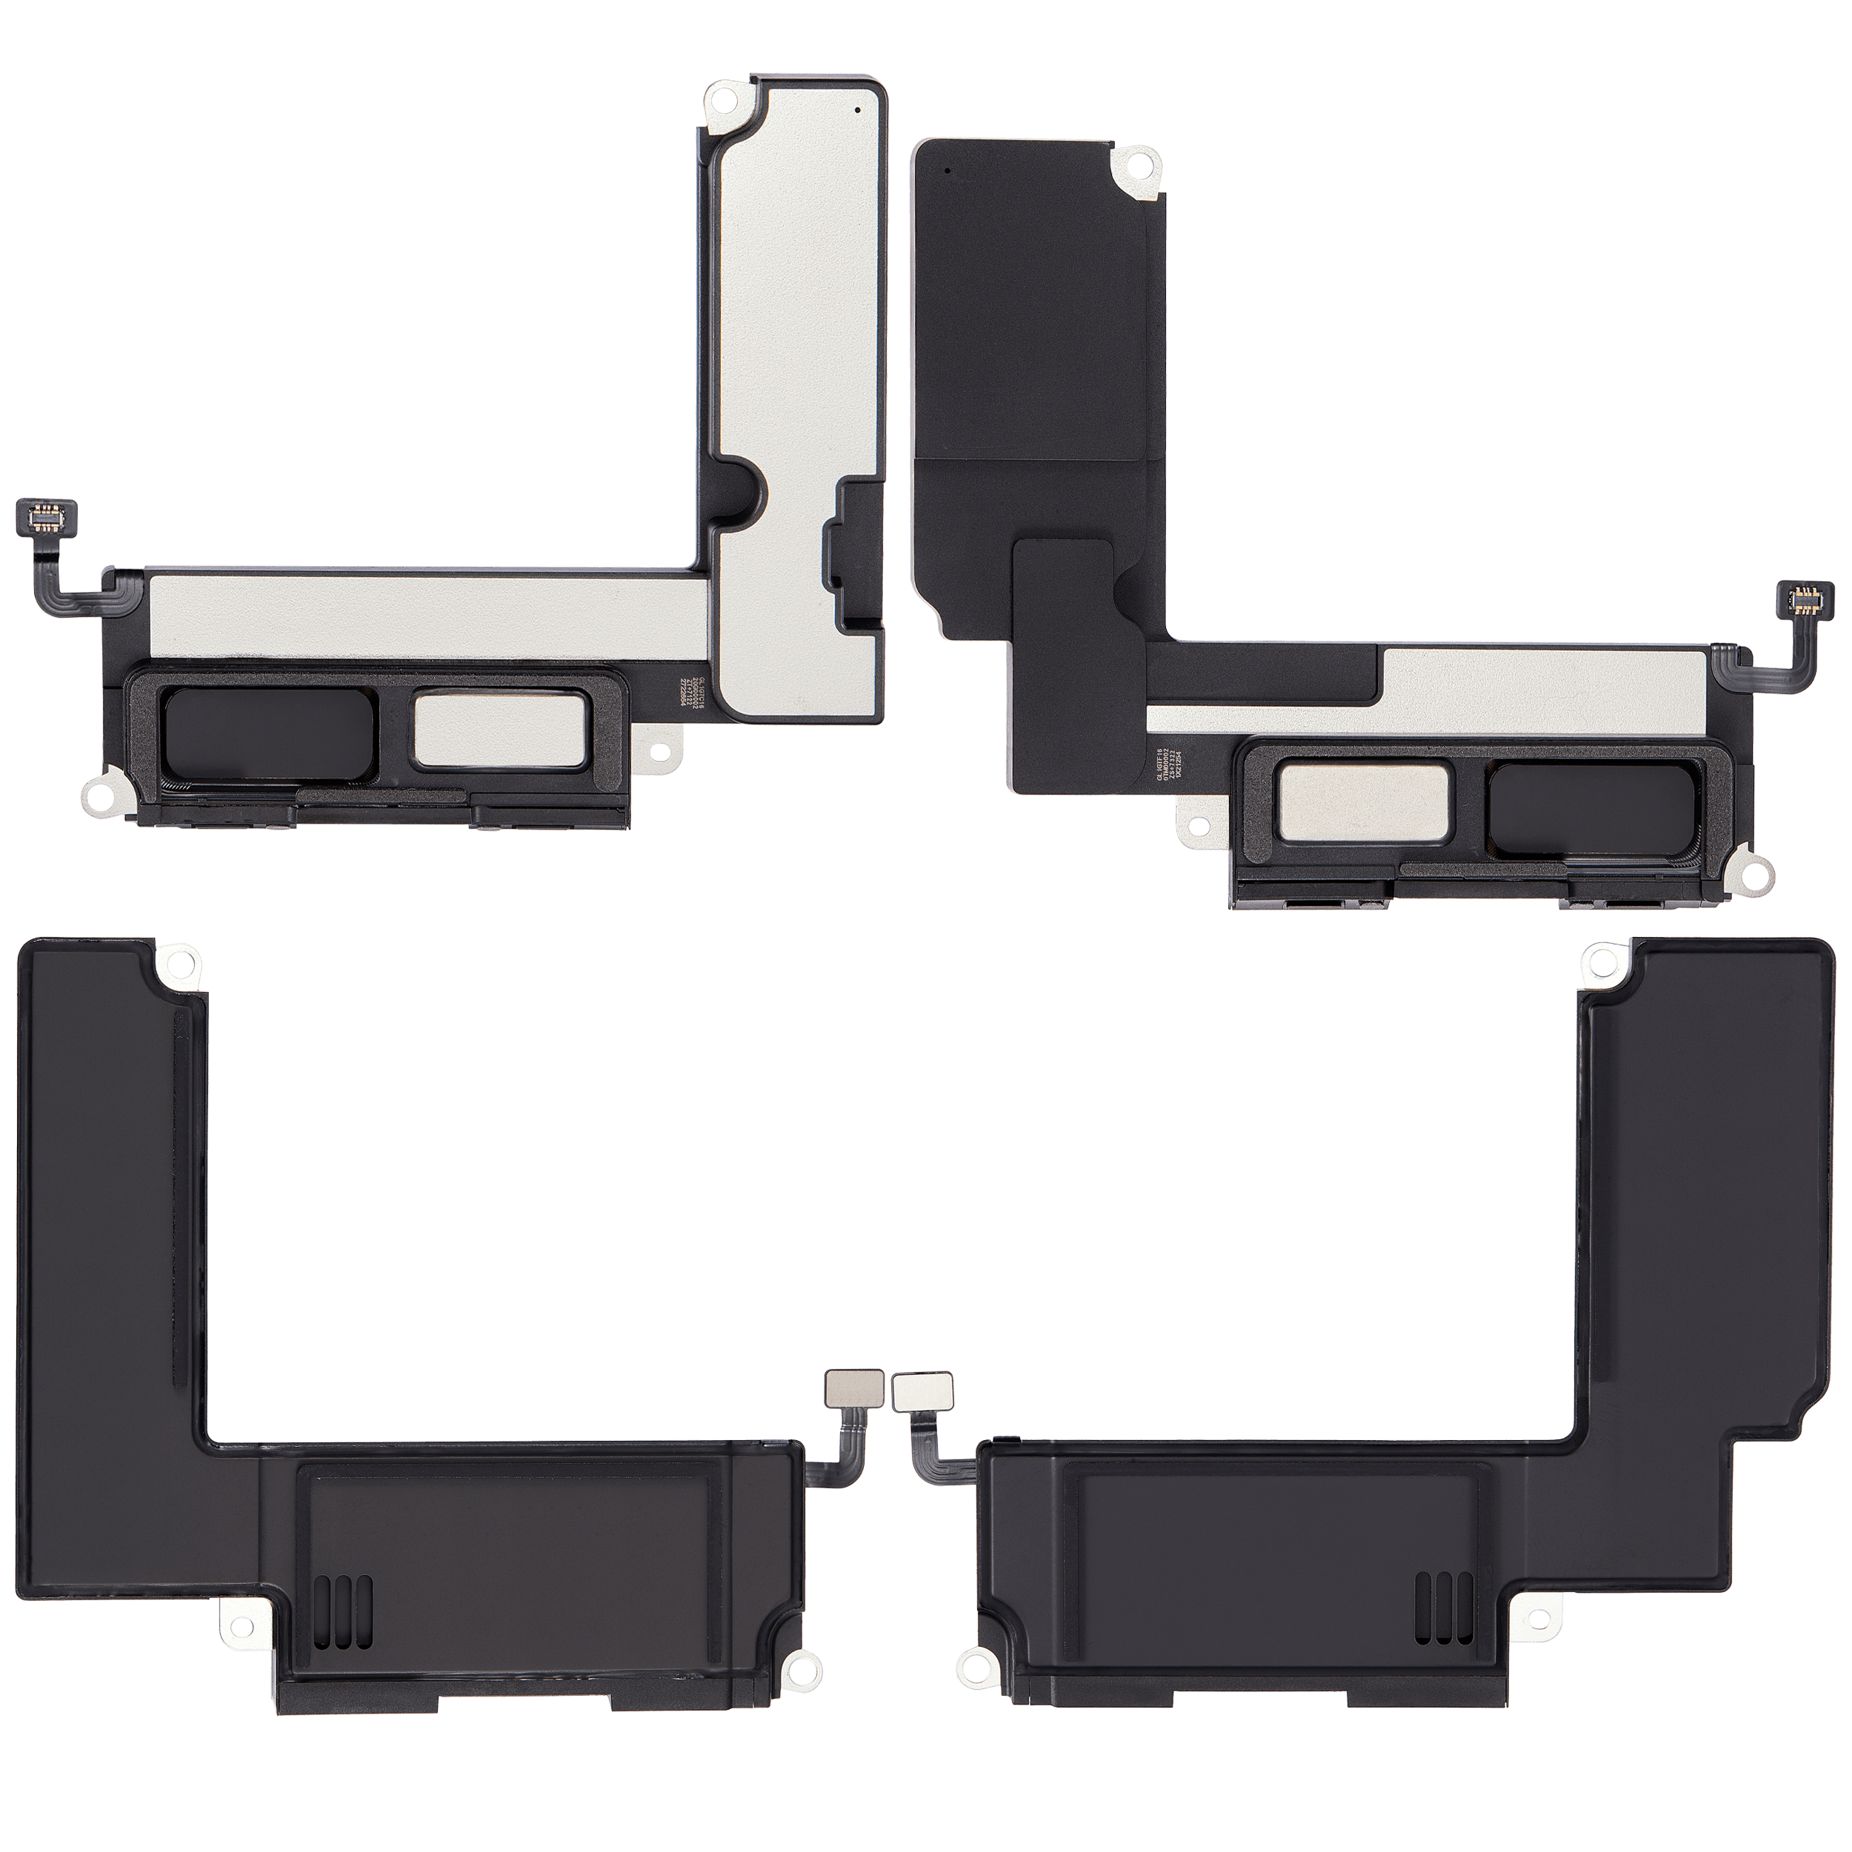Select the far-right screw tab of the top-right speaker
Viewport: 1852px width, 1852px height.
(1756, 873)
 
